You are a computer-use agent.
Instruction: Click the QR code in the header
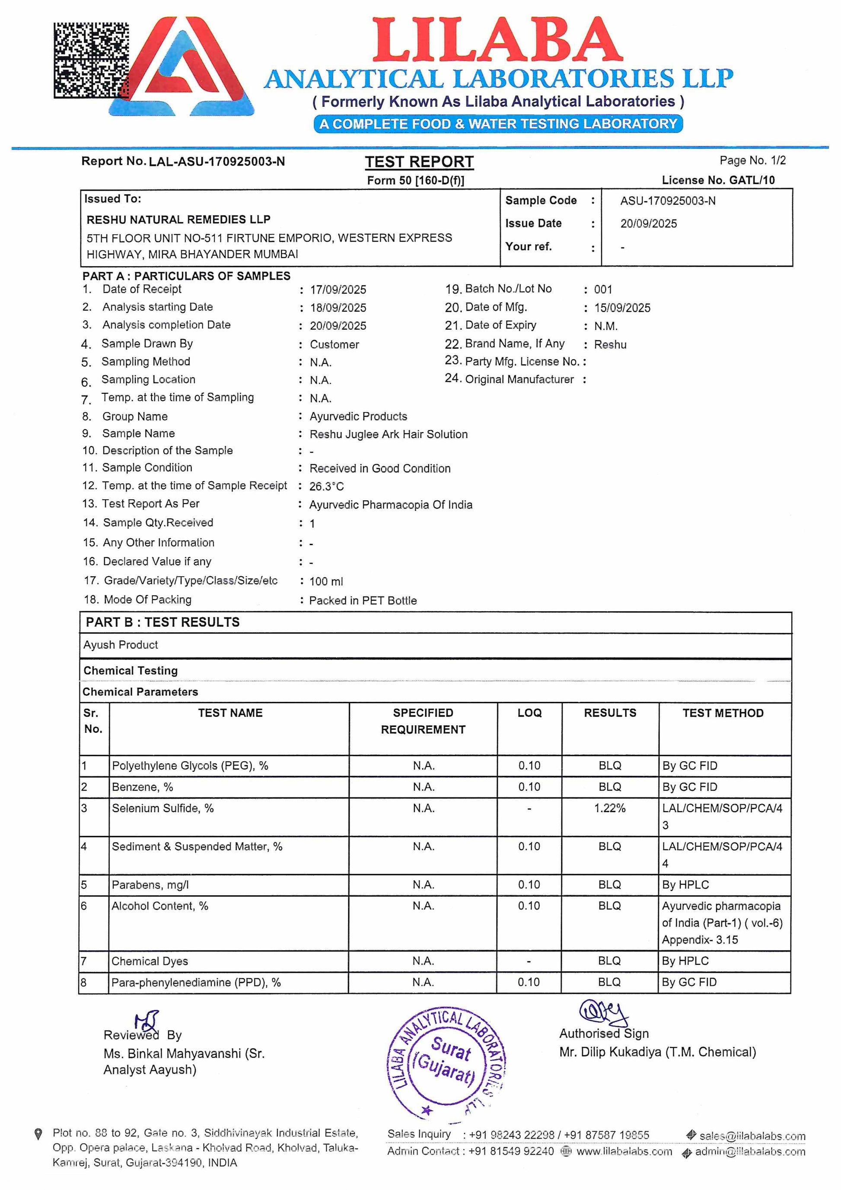pyautogui.click(x=91, y=60)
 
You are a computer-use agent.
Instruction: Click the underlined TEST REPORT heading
pyautogui.click(x=419, y=162)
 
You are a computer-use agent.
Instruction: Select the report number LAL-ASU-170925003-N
pyautogui.click(x=217, y=162)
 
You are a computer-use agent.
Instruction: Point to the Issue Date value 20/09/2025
pyautogui.click(x=648, y=223)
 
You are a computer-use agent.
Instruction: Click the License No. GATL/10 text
pyautogui.click(x=718, y=180)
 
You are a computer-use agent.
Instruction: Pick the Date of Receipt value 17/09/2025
pyautogui.click(x=338, y=290)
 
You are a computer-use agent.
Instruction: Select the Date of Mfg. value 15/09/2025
pyautogui.click(x=622, y=308)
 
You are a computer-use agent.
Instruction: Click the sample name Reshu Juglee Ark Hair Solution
pyautogui.click(x=388, y=434)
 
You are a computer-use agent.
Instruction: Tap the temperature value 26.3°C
pyautogui.click(x=326, y=486)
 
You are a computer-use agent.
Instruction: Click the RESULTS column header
pyautogui.click(x=610, y=713)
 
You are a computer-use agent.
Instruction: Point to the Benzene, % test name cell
pyautogui.click(x=143, y=787)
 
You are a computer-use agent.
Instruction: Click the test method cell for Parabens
pyautogui.click(x=685, y=885)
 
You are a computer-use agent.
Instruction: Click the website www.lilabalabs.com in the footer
pyautogui.click(x=624, y=1152)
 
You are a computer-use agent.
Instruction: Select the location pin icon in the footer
pyautogui.click(x=38, y=1134)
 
